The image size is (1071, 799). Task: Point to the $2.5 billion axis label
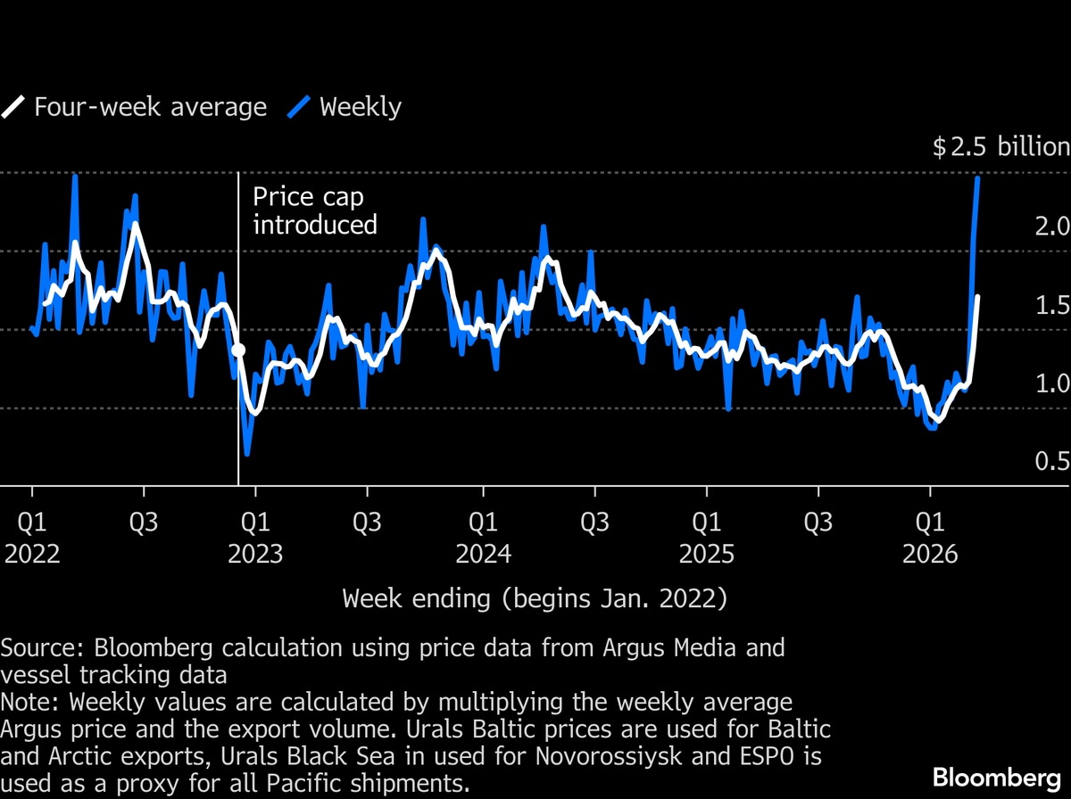[x=1000, y=147]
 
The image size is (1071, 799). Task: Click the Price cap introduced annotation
[x=314, y=210]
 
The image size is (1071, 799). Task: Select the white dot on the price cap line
[x=238, y=350]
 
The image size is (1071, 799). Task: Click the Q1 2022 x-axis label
[x=32, y=537]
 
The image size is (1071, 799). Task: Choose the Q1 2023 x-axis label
[x=255, y=537]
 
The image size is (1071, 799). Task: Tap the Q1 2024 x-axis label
[x=483, y=537]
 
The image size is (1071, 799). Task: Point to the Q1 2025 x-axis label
[x=707, y=537]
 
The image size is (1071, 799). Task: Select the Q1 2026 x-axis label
[x=930, y=537]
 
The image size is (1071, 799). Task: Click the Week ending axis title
[x=535, y=598]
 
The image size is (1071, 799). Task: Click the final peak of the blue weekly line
[x=978, y=178]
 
